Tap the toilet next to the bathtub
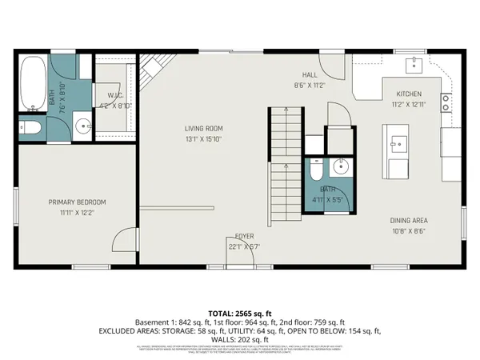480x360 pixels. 30,128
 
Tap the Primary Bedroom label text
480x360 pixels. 77,202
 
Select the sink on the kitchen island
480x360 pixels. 398,145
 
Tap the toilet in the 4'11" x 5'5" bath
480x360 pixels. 316,169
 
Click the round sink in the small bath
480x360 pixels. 340,166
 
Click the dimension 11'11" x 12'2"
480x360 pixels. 77,212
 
